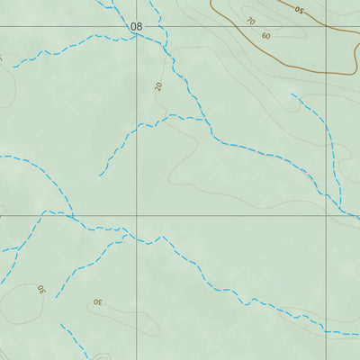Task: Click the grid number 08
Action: point(136,27)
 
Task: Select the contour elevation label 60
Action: point(265,36)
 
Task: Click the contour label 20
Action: point(158,86)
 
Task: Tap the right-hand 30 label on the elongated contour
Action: point(97,303)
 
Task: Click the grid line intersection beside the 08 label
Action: point(138,27)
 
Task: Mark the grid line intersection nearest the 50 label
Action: point(326,27)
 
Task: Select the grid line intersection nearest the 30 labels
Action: point(138,216)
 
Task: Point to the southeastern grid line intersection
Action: point(326,216)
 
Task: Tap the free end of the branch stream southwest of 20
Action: point(100,174)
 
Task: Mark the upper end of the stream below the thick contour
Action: point(292,94)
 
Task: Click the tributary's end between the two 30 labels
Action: point(56,298)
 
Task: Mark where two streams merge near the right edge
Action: point(340,204)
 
